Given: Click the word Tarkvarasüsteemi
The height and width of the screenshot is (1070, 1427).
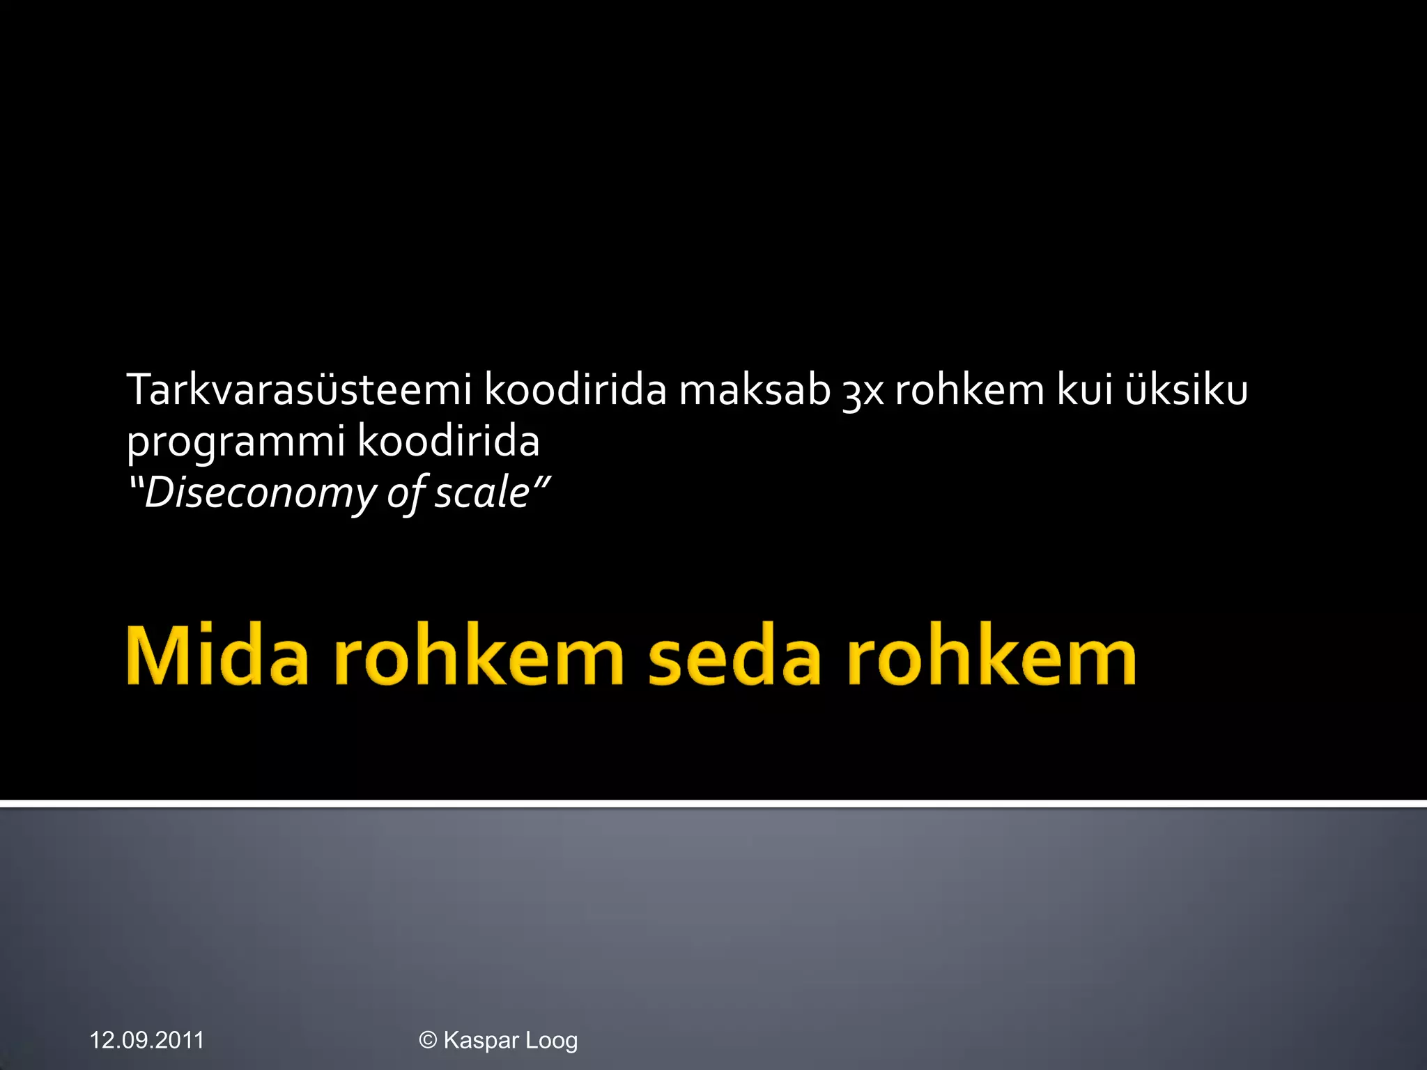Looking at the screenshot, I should tap(300, 389).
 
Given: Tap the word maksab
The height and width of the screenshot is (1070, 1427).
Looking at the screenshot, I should tap(755, 389).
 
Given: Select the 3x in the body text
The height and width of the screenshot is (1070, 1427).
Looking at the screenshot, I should tap(863, 391).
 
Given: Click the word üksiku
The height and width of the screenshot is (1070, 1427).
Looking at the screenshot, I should tap(1186, 389).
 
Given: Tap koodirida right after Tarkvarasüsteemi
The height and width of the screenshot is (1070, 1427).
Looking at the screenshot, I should tap(576, 389).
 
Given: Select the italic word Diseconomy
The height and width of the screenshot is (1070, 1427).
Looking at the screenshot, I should tap(260, 493).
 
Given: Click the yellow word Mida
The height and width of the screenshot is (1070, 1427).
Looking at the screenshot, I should tap(217, 657).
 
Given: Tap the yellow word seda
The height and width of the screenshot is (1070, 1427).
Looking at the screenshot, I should tap(734, 657).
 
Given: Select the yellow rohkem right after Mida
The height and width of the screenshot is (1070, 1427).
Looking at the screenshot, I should tap(479, 657).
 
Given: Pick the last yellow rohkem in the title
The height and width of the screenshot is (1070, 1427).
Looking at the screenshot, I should tap(992, 657).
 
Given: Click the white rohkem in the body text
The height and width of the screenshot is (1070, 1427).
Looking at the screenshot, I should tap(969, 389).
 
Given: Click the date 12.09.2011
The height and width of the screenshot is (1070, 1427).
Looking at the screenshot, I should tap(147, 1040).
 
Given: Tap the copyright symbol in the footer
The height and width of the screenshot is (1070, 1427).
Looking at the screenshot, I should tap(428, 1040).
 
